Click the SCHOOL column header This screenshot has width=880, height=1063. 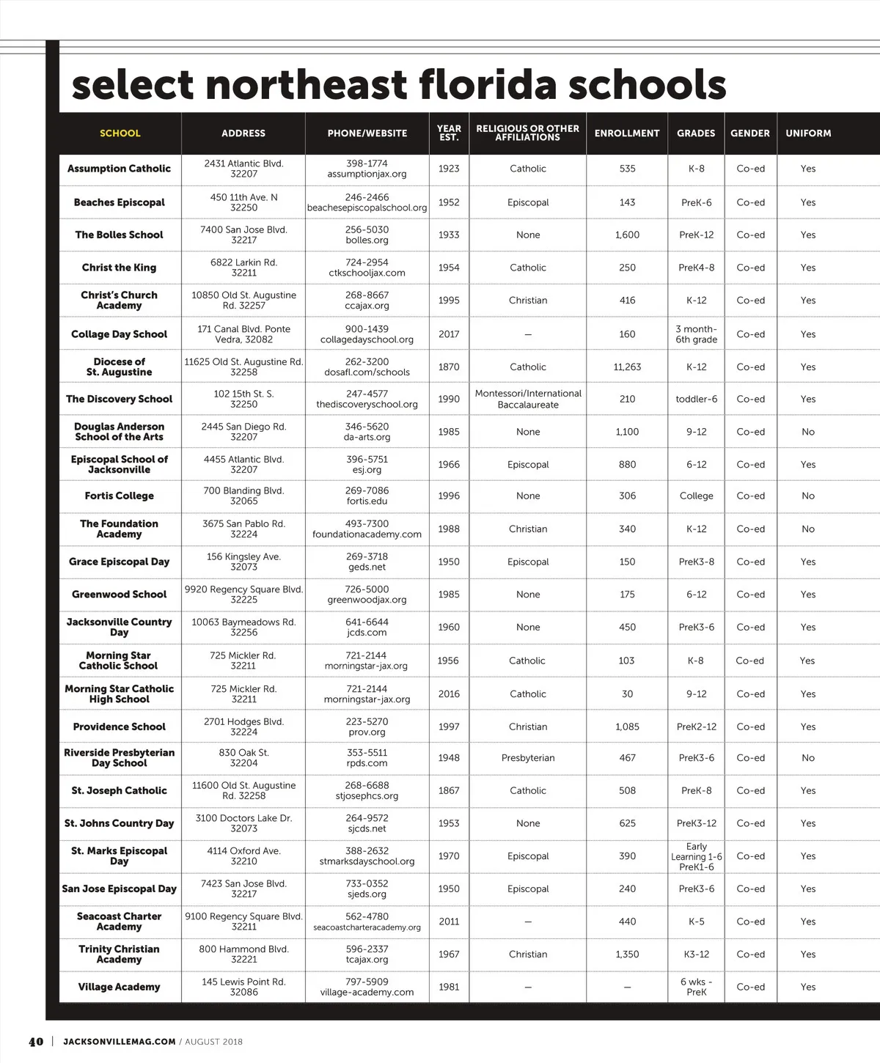[x=120, y=133]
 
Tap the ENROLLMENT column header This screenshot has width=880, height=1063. [x=627, y=133]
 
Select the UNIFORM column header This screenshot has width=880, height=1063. [x=808, y=133]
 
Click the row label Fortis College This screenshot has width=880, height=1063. [x=119, y=496]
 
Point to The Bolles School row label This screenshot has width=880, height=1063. [x=119, y=235]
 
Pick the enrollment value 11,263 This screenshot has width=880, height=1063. [x=627, y=367]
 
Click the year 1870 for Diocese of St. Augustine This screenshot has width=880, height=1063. [x=449, y=367]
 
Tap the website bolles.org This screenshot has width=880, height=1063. [x=367, y=240]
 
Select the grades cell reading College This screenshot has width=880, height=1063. [x=696, y=496]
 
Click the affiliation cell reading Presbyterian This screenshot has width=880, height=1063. [x=528, y=758]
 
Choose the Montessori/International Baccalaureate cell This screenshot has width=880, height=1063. [x=528, y=400]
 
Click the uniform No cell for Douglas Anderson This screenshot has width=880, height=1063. [x=808, y=432]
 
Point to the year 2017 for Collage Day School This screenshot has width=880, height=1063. [x=449, y=334]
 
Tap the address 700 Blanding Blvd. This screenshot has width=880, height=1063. [x=243, y=491]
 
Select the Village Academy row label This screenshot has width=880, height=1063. [x=119, y=987]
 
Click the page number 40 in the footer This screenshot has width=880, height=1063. [x=36, y=1042]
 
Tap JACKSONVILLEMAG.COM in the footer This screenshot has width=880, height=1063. [x=120, y=1042]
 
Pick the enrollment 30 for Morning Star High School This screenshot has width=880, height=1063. [x=627, y=694]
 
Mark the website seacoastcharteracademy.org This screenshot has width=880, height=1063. [x=367, y=927]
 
